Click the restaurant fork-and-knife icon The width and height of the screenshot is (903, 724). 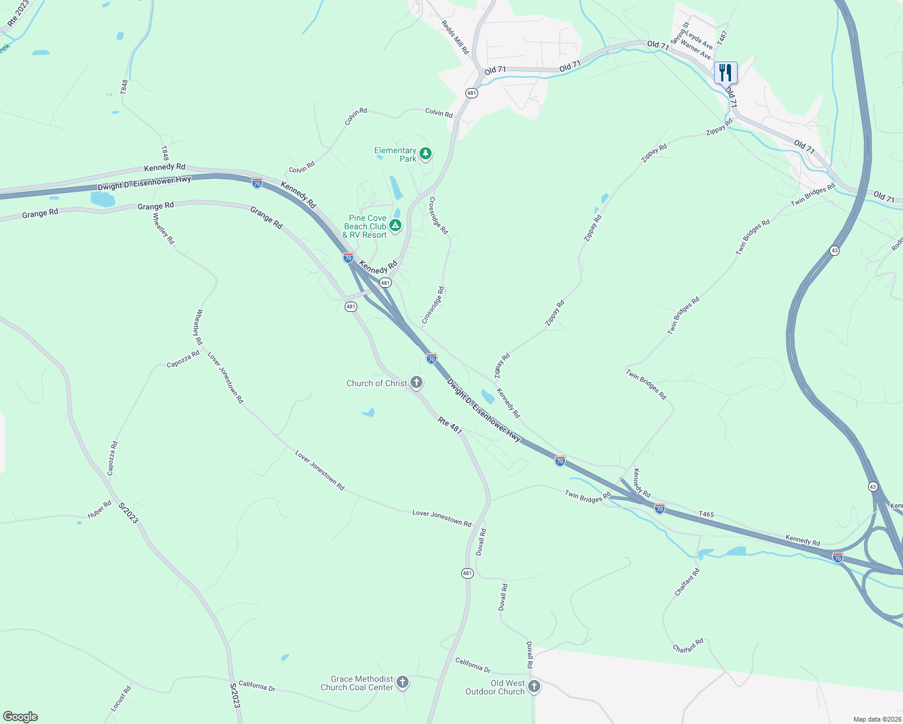click(726, 72)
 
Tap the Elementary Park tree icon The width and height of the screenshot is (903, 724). click(426, 154)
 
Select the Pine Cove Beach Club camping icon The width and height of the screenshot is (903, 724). click(395, 226)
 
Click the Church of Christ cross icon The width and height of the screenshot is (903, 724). click(416, 383)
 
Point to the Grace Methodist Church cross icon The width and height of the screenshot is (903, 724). click(403, 682)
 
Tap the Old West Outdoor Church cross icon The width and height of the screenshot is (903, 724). click(534, 687)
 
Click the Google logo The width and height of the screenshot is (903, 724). click(21, 717)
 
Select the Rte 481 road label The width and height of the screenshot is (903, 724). click(450, 425)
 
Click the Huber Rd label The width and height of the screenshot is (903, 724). click(100, 510)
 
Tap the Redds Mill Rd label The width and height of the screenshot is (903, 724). click(455, 37)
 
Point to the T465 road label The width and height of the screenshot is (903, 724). click(706, 515)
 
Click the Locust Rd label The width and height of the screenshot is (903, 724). click(121, 698)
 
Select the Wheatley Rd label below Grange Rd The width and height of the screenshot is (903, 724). click(164, 228)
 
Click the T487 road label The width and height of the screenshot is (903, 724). click(723, 37)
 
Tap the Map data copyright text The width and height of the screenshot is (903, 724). click(876, 719)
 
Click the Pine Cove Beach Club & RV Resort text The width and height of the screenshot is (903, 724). click(366, 226)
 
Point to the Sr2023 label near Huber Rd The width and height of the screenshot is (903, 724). click(129, 513)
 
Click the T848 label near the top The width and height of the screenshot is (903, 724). click(124, 86)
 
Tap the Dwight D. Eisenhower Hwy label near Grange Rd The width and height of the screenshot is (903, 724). click(144, 183)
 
